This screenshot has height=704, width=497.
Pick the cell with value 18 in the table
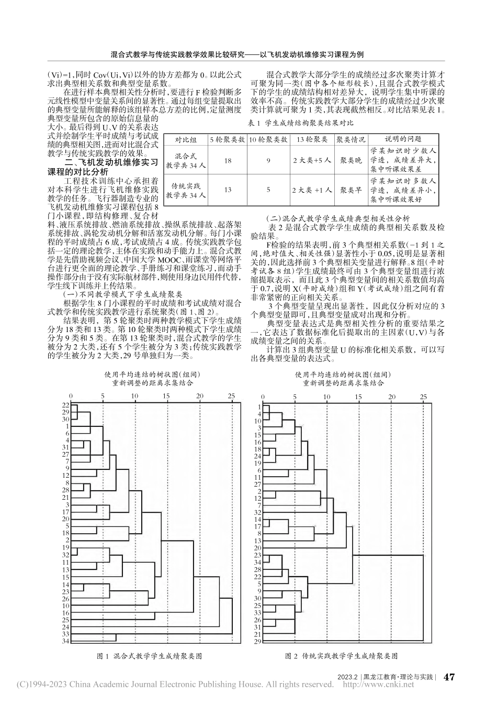[x=228, y=161]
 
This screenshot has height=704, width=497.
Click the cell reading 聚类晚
[x=347, y=161]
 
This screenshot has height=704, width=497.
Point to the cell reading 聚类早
[x=347, y=190]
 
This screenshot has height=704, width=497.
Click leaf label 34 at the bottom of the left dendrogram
[x=66, y=641]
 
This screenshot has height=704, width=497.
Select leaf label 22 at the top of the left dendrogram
[x=66, y=405]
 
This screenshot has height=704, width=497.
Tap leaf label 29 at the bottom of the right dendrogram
[x=258, y=641]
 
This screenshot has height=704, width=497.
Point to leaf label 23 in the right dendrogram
[x=258, y=554]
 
